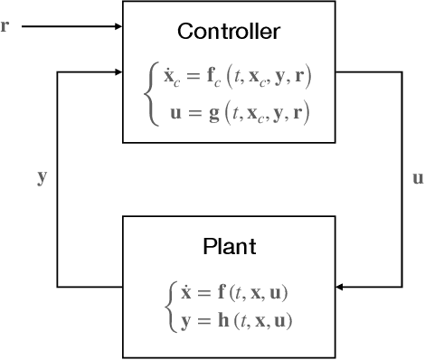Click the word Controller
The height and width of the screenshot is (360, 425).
pyautogui.click(x=229, y=32)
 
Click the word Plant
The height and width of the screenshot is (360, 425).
pyautogui.click(x=229, y=246)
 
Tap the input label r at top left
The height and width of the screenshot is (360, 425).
pyautogui.click(x=6, y=24)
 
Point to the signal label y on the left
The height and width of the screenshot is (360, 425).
pyautogui.click(x=42, y=177)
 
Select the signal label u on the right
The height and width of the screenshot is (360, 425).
pyautogui.click(x=417, y=177)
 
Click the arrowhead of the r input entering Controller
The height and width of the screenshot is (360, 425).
pyautogui.click(x=118, y=25)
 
